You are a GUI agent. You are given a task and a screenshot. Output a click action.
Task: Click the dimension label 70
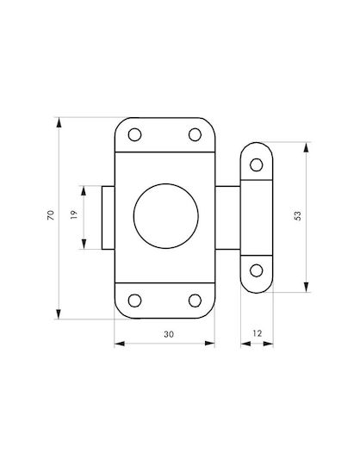51,215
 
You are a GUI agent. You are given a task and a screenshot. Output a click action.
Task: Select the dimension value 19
74,214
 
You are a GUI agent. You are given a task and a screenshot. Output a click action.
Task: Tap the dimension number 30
169,334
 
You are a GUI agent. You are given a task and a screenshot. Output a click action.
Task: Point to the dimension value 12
258,333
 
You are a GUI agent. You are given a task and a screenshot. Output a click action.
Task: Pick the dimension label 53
297,215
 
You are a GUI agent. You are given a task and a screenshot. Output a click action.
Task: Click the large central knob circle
165,216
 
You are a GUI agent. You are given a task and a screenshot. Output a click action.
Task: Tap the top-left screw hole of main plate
134,134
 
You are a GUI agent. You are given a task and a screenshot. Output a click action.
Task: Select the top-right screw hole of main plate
195,134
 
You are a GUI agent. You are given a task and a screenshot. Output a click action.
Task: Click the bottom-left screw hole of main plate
134,301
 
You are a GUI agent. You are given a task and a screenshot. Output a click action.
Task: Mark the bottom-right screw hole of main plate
195,301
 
